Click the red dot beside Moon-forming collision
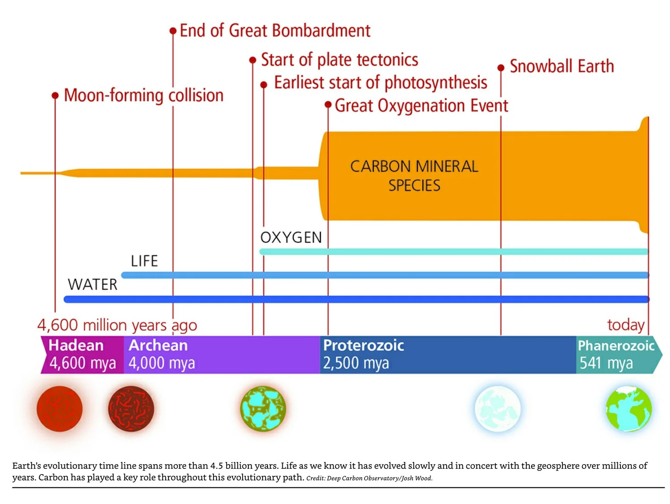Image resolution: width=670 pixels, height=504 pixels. point(55,96)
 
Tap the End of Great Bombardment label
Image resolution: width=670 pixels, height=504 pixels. point(275,31)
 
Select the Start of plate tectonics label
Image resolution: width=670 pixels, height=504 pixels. point(339,60)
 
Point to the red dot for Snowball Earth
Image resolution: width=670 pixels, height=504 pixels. point(501,68)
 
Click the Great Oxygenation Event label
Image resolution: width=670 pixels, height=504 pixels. point(421,106)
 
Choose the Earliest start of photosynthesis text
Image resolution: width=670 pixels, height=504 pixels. point(380,83)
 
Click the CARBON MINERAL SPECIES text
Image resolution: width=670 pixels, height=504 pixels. point(414,176)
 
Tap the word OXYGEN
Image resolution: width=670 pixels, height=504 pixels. point(291,237)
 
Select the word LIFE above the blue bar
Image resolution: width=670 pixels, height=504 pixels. point(144,261)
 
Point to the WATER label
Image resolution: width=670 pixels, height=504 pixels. point(92,285)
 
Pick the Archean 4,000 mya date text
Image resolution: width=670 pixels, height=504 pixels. point(162,363)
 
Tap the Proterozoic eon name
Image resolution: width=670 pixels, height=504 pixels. point(363,345)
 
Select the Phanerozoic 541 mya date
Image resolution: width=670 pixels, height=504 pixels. point(606,363)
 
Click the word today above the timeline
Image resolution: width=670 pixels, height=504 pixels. point(625,325)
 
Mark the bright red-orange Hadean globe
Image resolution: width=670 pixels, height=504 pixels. point(59,409)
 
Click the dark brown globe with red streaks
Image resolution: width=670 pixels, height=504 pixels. point(131,409)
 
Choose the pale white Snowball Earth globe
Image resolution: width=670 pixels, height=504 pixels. point(497,409)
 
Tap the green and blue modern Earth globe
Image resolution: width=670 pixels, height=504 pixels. point(628,409)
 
